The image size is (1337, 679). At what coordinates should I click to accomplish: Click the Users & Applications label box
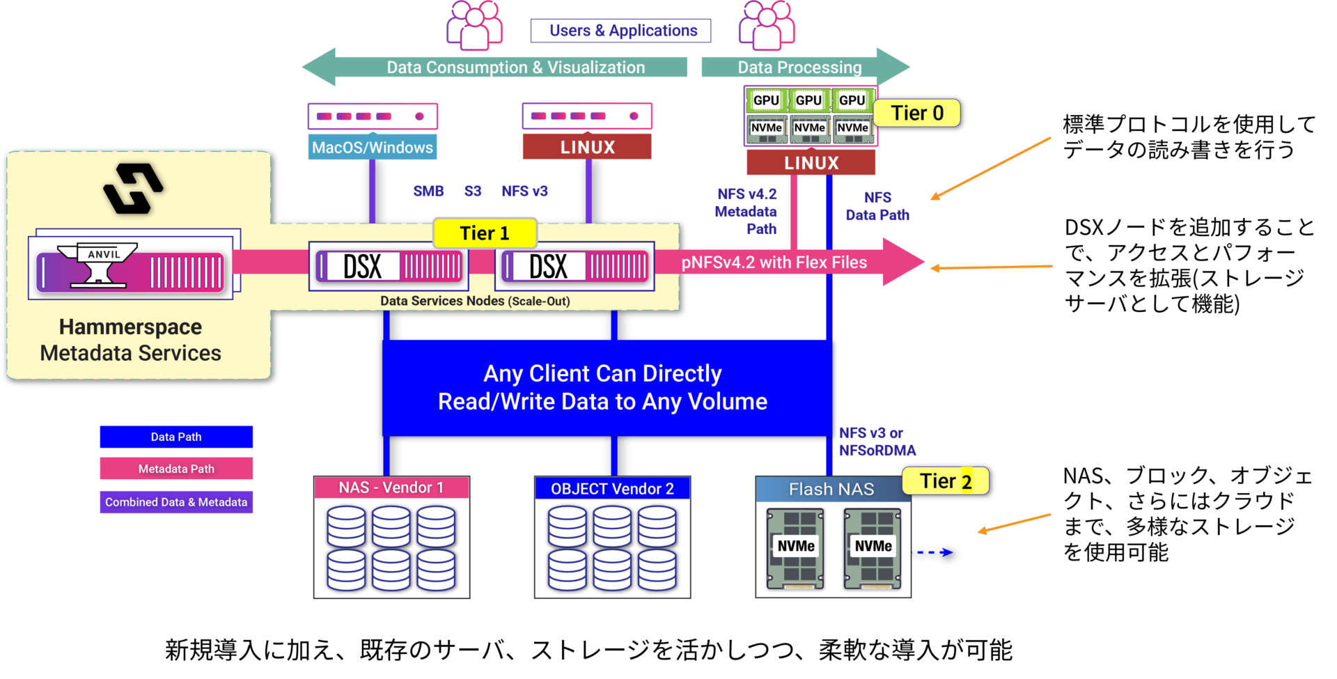click(x=620, y=31)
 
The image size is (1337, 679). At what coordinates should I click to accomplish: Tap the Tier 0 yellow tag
click(x=916, y=113)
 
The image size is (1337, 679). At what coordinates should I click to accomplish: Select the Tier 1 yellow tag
click(x=485, y=233)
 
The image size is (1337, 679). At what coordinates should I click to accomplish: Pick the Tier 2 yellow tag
click(x=945, y=481)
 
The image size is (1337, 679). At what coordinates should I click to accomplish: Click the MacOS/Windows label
click(x=373, y=148)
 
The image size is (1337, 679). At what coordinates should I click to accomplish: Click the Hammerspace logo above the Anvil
click(x=133, y=188)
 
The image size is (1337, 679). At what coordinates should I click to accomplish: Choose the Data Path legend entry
click(x=176, y=437)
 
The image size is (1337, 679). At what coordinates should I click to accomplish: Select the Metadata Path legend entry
click(x=176, y=469)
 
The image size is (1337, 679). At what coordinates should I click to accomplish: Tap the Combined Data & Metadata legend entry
click(x=176, y=502)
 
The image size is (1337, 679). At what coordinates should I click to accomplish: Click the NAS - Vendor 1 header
click(x=391, y=487)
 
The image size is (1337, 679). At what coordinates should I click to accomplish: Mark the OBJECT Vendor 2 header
click(x=612, y=489)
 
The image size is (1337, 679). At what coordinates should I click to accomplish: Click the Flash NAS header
click(x=831, y=490)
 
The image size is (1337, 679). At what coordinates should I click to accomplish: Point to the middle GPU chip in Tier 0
click(x=808, y=100)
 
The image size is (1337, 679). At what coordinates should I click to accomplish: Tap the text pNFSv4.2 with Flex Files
click(x=774, y=263)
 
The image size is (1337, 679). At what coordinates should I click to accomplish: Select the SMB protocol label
click(x=428, y=191)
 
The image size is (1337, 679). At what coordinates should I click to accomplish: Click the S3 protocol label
click(x=473, y=191)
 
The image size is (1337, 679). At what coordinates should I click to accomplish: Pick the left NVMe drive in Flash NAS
click(x=795, y=548)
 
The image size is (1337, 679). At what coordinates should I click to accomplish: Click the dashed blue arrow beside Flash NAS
click(x=935, y=552)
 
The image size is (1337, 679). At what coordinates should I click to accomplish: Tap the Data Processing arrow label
click(x=799, y=68)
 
